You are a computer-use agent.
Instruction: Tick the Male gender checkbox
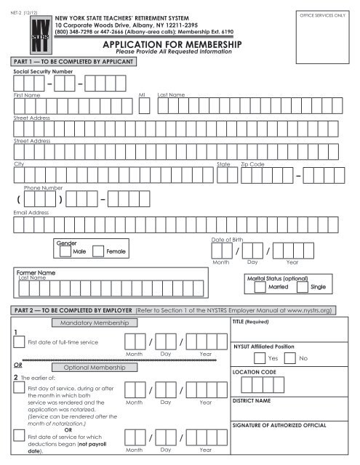click(x=65, y=251)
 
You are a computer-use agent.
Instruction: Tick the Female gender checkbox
click(x=98, y=251)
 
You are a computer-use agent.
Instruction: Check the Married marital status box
click(x=260, y=286)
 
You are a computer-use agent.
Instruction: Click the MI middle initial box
click(x=144, y=106)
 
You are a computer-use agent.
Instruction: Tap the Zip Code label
click(x=252, y=165)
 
